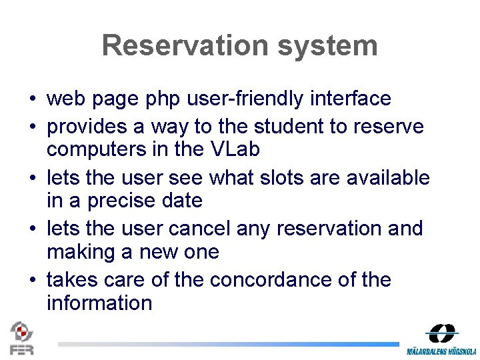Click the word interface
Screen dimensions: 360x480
tap(351, 99)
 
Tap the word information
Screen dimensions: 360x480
tap(99, 303)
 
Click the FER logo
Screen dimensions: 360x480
tap(21, 338)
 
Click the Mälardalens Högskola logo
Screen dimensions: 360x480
tap(441, 339)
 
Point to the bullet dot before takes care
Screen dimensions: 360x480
tap(32, 280)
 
